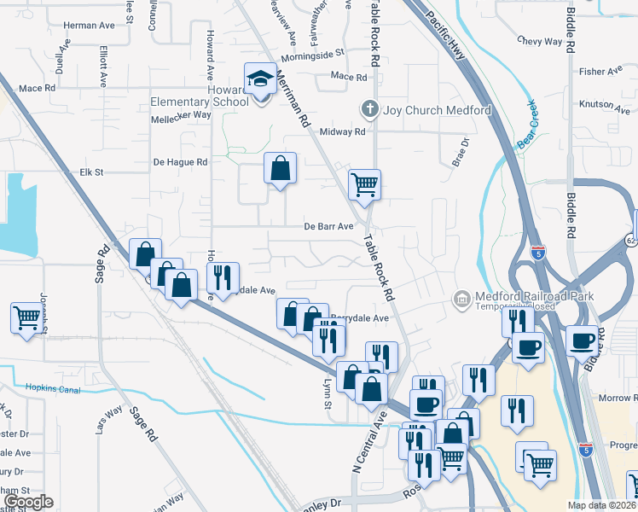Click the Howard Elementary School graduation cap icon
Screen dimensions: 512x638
[x=257, y=81]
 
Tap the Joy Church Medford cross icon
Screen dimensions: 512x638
[x=369, y=110]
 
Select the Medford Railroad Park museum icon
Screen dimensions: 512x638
[x=463, y=299]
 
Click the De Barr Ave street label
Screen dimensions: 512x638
[x=328, y=226]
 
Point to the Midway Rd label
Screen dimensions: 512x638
[x=342, y=132]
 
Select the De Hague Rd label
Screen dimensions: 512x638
[x=180, y=161]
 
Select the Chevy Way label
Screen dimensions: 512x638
[x=541, y=41]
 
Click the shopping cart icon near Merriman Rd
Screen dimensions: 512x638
[x=364, y=183]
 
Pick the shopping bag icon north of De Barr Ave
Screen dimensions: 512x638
[x=280, y=168]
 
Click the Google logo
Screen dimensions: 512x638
[x=28, y=503]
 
